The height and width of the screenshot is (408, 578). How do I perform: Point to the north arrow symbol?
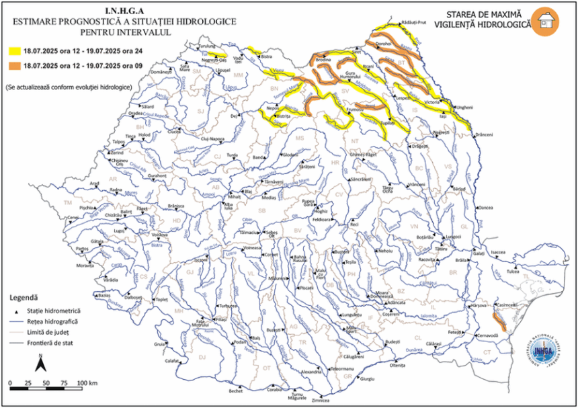coord(40,364)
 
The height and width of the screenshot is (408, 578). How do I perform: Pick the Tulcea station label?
coord(514,272)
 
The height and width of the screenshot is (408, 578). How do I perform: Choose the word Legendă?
coord(24,297)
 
